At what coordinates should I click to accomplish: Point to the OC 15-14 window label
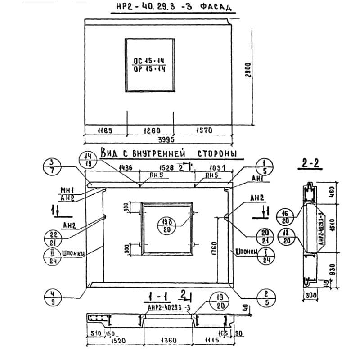click(149, 61)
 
